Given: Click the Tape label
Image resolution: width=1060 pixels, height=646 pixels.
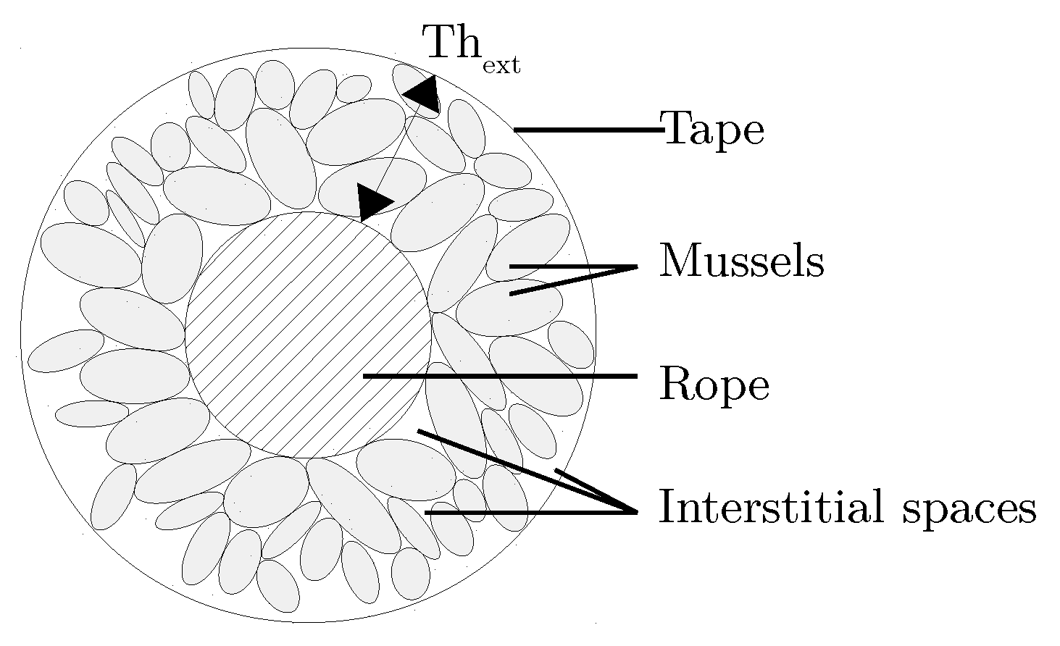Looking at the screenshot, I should (713, 130).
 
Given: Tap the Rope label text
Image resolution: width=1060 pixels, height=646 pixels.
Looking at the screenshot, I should (713, 385).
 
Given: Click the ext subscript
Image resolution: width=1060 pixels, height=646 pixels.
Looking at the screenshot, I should (501, 66).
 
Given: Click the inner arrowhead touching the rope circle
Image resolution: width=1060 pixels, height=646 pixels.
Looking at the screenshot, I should (372, 201).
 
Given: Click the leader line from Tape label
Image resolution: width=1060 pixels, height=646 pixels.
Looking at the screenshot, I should (587, 130).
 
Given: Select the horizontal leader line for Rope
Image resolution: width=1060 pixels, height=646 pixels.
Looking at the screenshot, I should (500, 376).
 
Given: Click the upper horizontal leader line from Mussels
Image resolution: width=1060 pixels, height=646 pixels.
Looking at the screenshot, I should (572, 267).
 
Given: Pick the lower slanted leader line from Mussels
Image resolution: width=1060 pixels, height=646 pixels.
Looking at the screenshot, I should (572, 281).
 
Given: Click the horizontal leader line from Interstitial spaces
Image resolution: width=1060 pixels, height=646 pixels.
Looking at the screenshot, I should (529, 513).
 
